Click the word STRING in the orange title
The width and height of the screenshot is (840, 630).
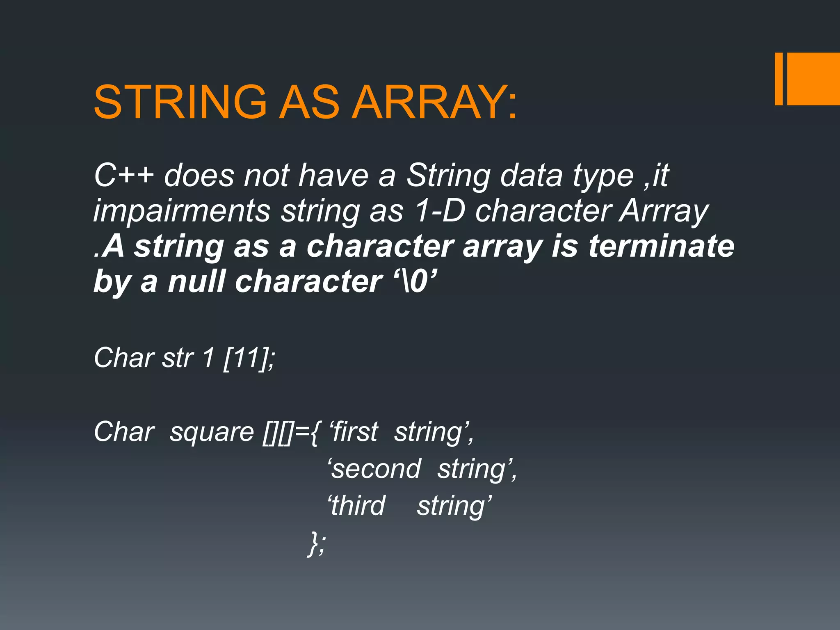coord(180,102)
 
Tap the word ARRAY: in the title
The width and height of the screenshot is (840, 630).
coord(435,102)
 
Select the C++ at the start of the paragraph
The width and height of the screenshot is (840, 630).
coord(124,175)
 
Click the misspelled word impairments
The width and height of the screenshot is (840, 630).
coord(182,211)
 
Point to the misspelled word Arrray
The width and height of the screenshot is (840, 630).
coord(664,211)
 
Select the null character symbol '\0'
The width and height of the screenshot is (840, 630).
coord(415,281)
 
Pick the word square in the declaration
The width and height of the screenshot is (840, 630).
coord(212,432)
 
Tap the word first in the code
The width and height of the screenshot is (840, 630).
coord(354,432)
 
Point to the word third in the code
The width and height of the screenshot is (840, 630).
coord(358,505)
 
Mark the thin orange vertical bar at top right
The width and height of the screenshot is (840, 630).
coord(778,79)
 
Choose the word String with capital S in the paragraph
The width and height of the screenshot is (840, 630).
coord(448,176)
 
